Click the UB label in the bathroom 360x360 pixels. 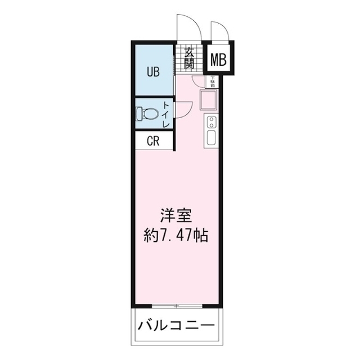(153, 71)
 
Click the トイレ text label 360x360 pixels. (166, 114)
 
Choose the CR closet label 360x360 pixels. (153, 141)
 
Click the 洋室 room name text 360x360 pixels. (176, 215)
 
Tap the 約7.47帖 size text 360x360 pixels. (176, 235)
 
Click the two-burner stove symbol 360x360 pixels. (211, 121)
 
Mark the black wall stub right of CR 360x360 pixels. (174, 141)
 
